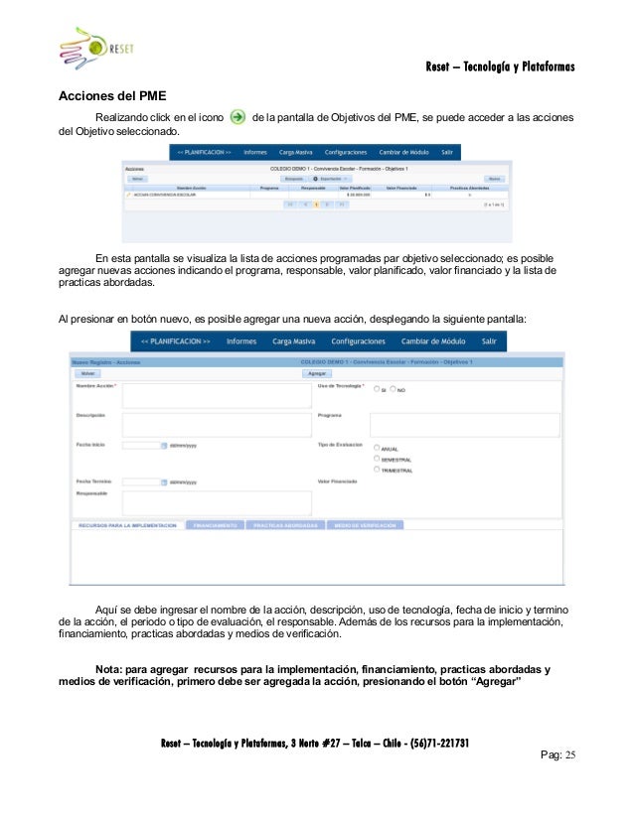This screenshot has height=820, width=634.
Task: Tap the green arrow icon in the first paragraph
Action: point(238,118)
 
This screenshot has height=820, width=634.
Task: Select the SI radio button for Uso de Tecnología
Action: point(376,389)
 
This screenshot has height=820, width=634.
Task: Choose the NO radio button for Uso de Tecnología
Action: point(394,389)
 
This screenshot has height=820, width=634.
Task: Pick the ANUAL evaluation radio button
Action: point(377,448)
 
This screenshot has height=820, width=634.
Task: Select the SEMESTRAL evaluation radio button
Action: point(377,459)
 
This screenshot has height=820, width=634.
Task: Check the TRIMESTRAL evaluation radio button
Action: point(377,470)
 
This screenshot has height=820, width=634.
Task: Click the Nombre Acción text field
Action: point(216,396)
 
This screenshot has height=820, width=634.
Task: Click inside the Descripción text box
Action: point(216,425)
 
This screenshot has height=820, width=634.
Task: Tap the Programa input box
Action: point(464,425)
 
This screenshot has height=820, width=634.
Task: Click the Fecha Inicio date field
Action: point(140,446)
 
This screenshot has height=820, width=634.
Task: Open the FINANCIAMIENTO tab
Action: point(215,525)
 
